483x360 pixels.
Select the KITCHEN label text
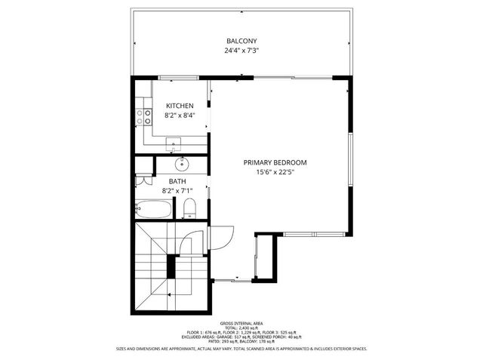(x=180, y=106)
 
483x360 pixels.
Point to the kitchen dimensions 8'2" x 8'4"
(x=180, y=116)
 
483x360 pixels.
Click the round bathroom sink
(x=182, y=164)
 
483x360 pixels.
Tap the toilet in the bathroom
(x=190, y=208)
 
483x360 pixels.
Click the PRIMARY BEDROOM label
(x=275, y=162)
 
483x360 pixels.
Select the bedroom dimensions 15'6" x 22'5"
(x=275, y=172)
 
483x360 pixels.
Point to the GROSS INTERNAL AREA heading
(x=241, y=322)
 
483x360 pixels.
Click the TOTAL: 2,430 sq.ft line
(x=241, y=327)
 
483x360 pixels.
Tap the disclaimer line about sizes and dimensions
(x=241, y=349)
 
